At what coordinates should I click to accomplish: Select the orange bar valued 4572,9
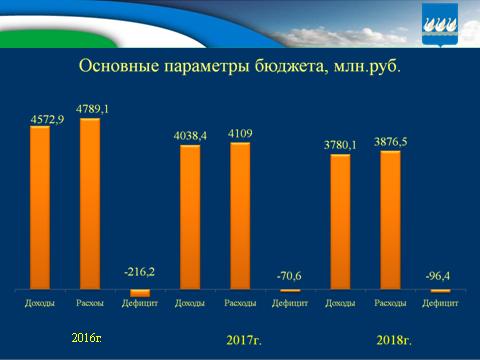(x=40, y=206)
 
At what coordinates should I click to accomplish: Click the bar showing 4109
(x=240, y=215)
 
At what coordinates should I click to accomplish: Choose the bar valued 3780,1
(x=340, y=221)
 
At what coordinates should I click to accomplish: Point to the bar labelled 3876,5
(x=390, y=219)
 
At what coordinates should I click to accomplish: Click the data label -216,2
(x=140, y=271)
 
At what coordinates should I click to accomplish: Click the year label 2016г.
(x=86, y=338)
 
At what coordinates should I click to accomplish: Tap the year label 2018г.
(x=397, y=339)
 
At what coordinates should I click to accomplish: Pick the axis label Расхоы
(x=90, y=302)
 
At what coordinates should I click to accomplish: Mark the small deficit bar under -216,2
(x=140, y=293)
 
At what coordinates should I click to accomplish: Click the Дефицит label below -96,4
(x=440, y=302)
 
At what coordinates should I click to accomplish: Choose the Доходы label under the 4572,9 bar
(x=40, y=302)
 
